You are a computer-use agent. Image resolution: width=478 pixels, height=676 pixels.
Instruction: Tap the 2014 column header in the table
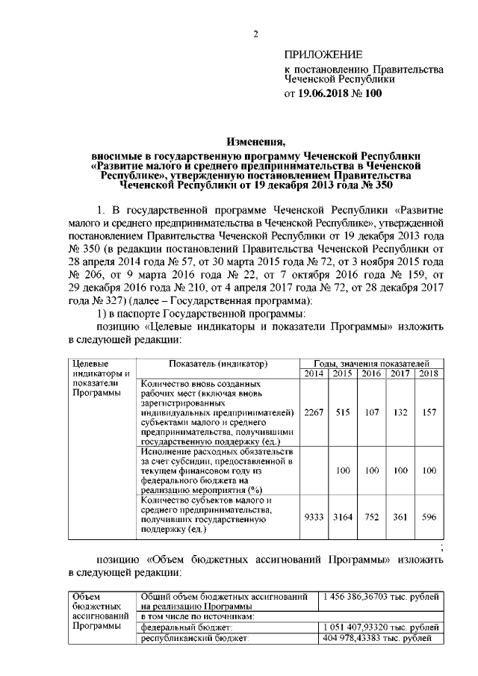[314, 373]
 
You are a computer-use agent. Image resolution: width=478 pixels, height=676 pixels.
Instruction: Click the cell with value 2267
[314, 412]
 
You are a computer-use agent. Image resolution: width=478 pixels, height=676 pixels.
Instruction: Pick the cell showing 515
[343, 412]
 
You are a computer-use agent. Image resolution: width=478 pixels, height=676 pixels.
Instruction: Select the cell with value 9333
[314, 515]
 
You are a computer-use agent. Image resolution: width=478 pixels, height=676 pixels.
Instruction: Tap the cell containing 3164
[343, 515]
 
